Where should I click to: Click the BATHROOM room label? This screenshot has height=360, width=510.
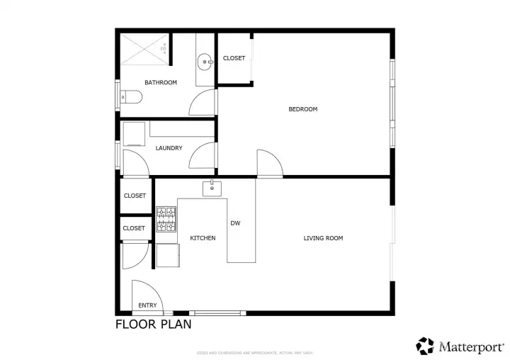pyautogui.click(x=161, y=83)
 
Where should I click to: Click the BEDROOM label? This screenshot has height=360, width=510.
pyautogui.click(x=302, y=109)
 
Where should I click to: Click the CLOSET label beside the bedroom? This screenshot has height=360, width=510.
pyautogui.click(x=234, y=58)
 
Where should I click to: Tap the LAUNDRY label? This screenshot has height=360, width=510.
pyautogui.click(x=169, y=148)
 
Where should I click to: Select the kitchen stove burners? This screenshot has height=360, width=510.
pyautogui.click(x=166, y=219)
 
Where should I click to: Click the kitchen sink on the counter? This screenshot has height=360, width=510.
pyautogui.click(x=212, y=188)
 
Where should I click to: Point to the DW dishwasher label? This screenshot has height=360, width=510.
pyautogui.click(x=235, y=223)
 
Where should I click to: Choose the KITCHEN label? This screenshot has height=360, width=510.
pyautogui.click(x=203, y=238)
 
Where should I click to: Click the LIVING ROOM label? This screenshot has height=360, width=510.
pyautogui.click(x=323, y=238)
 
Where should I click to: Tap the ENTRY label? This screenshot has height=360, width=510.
pyautogui.click(x=148, y=305)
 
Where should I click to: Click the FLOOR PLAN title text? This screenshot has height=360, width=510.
pyautogui.click(x=153, y=325)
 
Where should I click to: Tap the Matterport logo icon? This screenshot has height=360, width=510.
pyautogui.click(x=425, y=346)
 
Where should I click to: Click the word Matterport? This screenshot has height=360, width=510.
pyautogui.click(x=471, y=347)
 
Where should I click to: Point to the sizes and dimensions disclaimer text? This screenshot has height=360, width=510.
pyautogui.click(x=255, y=353)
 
